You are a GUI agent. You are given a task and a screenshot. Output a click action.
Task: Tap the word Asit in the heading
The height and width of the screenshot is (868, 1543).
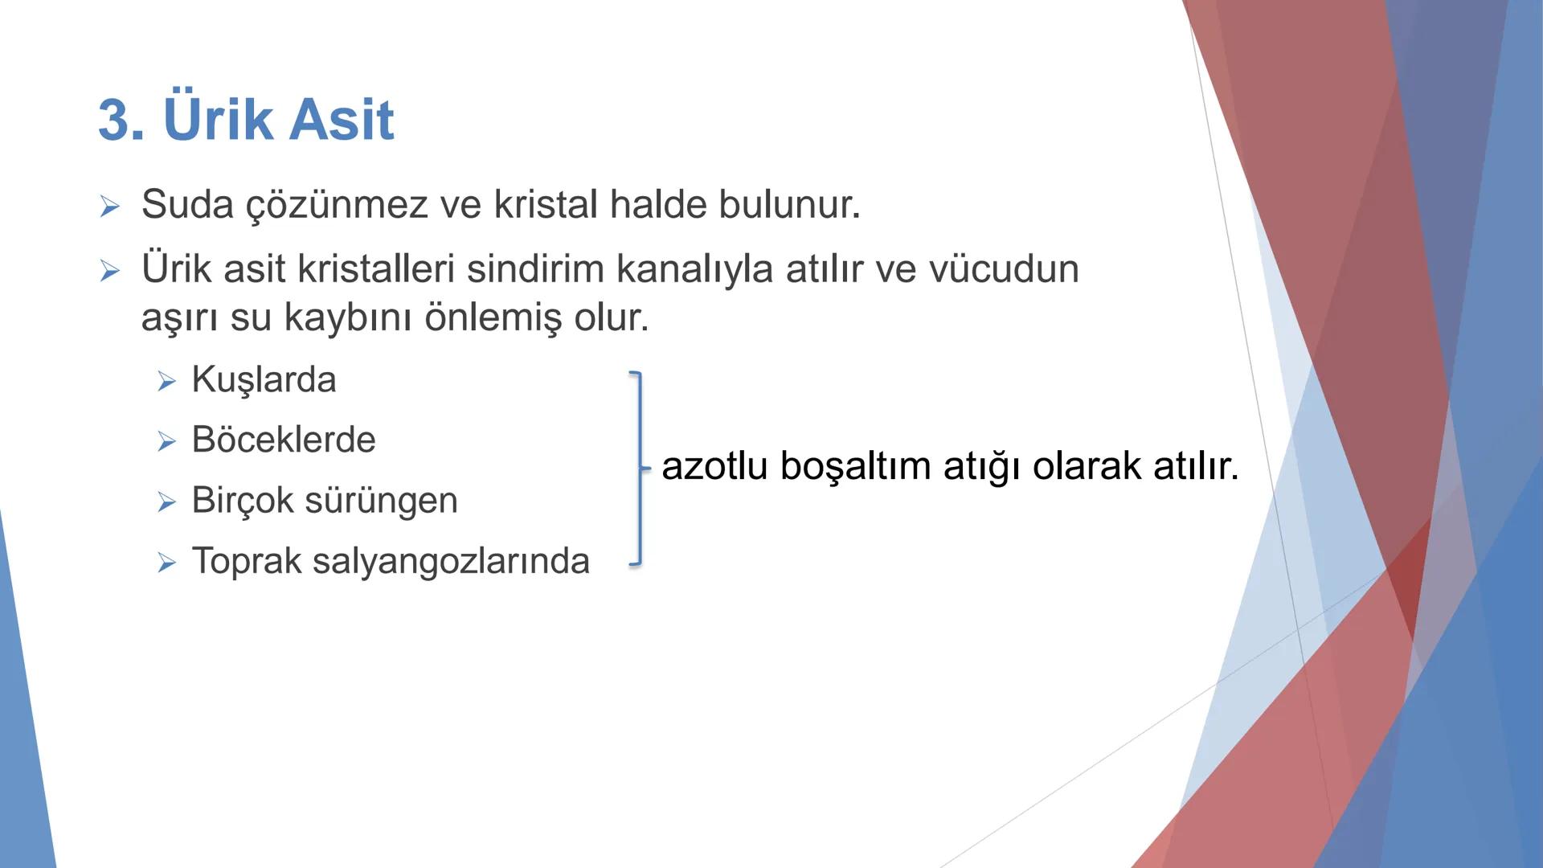(341, 120)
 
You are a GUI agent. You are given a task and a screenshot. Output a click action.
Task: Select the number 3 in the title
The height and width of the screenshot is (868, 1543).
(114, 121)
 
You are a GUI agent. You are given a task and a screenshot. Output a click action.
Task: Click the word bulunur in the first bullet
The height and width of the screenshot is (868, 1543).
(788, 204)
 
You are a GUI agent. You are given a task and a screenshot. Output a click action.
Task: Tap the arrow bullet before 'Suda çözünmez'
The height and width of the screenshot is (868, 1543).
(110, 207)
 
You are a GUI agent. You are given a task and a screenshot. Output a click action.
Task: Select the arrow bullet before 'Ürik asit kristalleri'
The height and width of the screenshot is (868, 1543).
(110, 271)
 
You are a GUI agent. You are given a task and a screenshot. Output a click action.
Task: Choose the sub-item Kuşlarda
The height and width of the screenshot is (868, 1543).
(264, 380)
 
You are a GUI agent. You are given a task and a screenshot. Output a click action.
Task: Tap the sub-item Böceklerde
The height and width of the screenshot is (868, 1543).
(283, 440)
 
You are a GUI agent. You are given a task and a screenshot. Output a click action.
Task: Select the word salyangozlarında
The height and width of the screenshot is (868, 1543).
(451, 561)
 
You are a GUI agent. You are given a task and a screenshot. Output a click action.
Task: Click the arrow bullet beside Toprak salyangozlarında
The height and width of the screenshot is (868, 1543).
(166, 563)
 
